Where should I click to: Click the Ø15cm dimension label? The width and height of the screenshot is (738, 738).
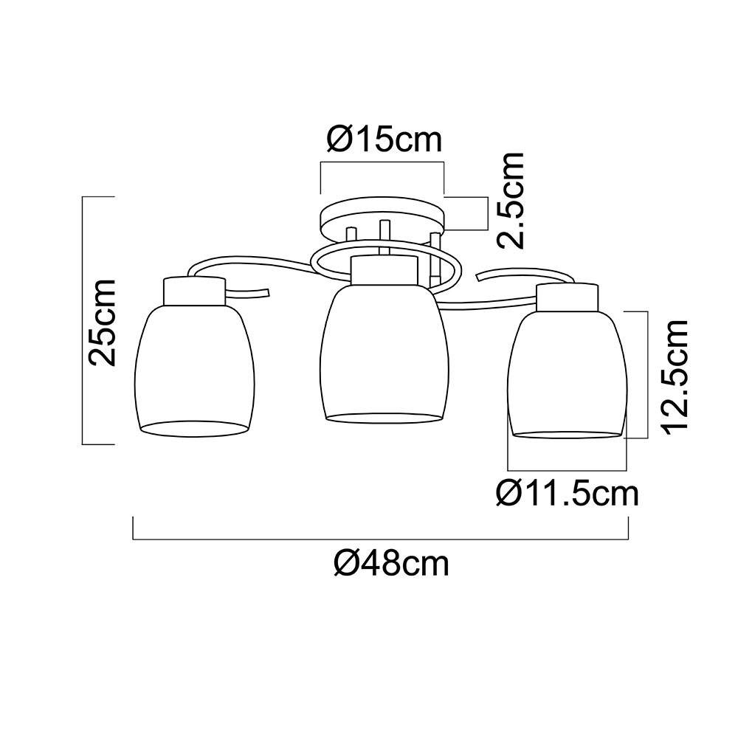click(x=382, y=139)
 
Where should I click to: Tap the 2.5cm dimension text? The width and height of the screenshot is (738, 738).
click(x=509, y=200)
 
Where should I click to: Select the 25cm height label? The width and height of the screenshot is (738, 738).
click(x=102, y=322)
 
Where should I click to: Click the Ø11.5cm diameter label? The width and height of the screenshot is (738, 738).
click(x=567, y=492)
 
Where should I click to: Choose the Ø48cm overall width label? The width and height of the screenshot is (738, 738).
click(x=391, y=564)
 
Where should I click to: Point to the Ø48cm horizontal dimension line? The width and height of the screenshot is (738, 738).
click(x=380, y=539)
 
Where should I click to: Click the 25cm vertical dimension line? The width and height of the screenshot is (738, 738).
click(x=83, y=322)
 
